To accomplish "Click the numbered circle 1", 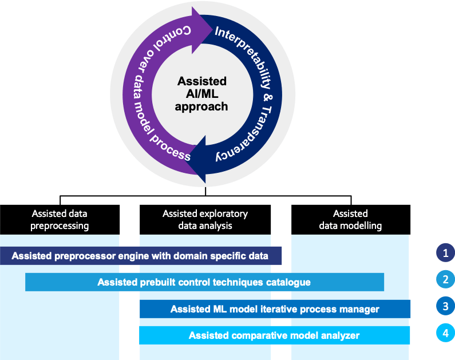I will click(445, 252).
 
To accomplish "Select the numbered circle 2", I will click(445, 280).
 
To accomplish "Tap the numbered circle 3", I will click(445, 307).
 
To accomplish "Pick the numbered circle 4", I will click(445, 334).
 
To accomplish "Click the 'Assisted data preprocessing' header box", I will click(60, 220).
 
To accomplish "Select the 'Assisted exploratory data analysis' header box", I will click(205, 220).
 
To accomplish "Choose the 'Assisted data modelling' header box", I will click(350, 220).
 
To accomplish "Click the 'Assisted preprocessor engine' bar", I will click(140, 256).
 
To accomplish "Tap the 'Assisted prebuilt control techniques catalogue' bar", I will click(204, 282).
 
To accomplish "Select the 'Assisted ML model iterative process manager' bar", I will click(275, 309).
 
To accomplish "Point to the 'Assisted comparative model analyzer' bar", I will click(275, 335).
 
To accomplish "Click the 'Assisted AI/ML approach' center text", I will click(202, 94).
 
